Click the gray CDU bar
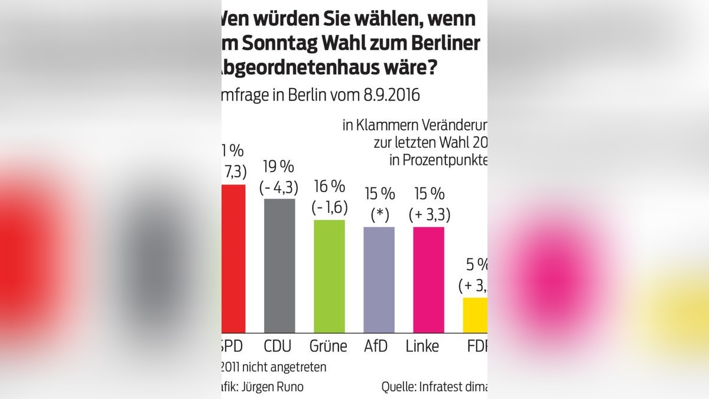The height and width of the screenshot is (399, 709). [279, 266]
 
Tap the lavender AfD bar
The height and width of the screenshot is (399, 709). [379, 280]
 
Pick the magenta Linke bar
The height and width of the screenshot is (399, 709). [428, 280]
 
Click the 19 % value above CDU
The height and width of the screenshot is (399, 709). [279, 167]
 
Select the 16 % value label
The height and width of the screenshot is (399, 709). [329, 187]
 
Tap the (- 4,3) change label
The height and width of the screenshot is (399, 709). [279, 187]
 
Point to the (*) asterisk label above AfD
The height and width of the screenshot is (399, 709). [379, 215]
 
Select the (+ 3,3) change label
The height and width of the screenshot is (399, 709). [430, 215]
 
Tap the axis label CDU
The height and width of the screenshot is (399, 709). [279, 346]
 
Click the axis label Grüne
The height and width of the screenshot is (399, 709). [329, 346]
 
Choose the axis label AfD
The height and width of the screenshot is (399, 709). [376, 346]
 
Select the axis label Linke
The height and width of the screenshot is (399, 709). [422, 346]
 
